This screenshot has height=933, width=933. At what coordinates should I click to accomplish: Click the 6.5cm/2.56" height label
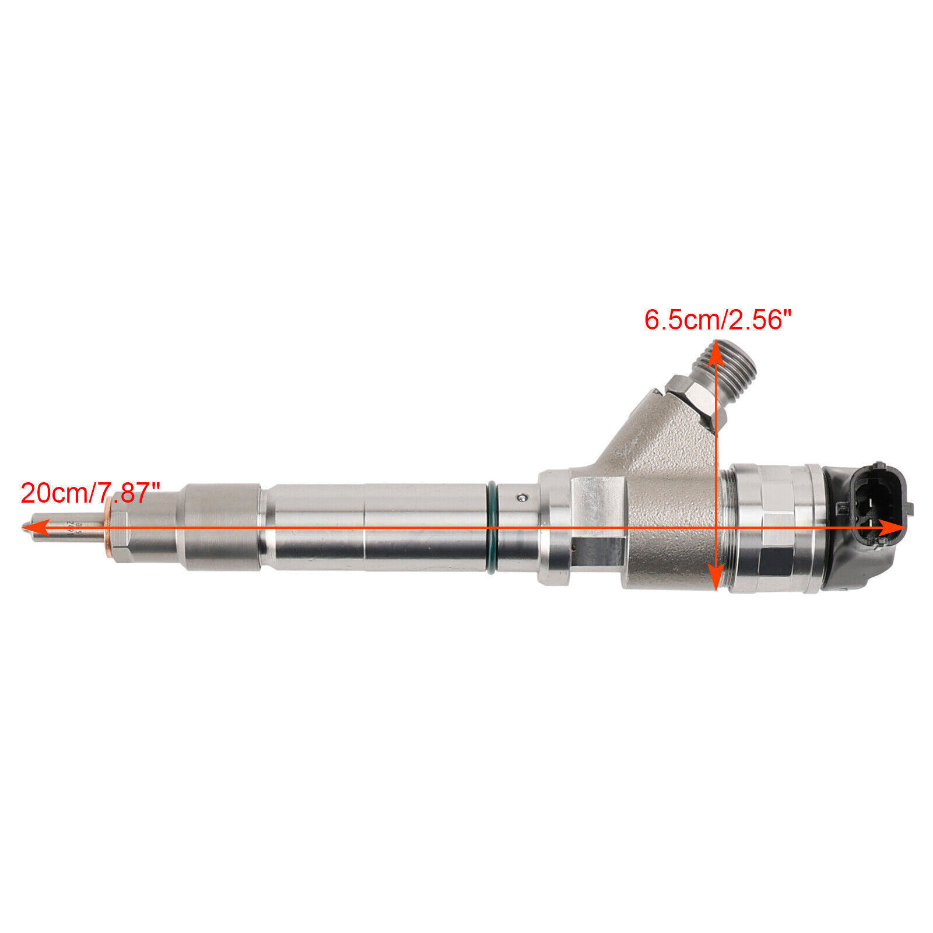click(x=718, y=320)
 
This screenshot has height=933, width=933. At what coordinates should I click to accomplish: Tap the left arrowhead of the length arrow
click(x=29, y=528)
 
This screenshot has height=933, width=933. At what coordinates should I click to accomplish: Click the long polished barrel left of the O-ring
click(x=373, y=528)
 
